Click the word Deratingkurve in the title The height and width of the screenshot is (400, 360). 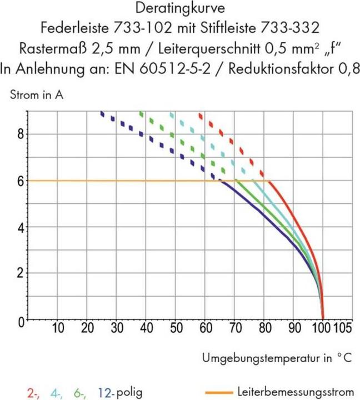pyautogui.click(x=179, y=9)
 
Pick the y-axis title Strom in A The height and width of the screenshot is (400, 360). pyautogui.click(x=37, y=94)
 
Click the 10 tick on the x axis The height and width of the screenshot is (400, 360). pyautogui.click(x=59, y=328)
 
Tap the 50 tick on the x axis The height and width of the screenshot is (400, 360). pyautogui.click(x=176, y=328)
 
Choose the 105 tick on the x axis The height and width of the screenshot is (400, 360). pyautogui.click(x=342, y=328)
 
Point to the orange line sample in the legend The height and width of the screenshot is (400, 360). pyautogui.click(x=220, y=392)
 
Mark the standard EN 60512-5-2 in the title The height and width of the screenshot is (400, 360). pyautogui.click(x=156, y=69)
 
